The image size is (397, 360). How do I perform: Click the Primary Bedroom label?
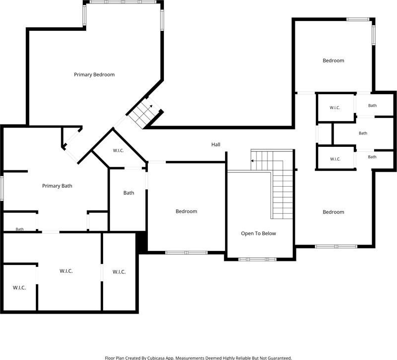[94, 75]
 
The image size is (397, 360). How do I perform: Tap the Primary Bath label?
[57, 186]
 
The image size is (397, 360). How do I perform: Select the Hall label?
[216, 144]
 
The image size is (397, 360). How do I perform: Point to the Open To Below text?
[258, 234]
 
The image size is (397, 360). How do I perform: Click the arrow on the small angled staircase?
[151, 107]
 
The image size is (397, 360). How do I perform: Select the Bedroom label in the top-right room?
[333, 61]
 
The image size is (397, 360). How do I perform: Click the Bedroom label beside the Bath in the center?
[186, 212]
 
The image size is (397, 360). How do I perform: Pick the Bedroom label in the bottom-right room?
[333, 212]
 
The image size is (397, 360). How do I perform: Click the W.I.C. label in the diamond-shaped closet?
[118, 151]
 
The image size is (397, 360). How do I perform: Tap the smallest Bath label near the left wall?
[19, 229]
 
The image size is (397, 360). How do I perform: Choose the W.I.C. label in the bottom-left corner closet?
[19, 288]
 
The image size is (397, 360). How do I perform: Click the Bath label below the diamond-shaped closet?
[129, 193]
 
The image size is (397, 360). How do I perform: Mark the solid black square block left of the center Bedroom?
[141, 241]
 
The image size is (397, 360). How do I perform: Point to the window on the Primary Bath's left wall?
[1, 188]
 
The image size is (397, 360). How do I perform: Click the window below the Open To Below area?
[258, 259]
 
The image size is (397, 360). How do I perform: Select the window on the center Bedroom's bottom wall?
[186, 252]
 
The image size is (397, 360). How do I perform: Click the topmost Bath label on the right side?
[372, 106]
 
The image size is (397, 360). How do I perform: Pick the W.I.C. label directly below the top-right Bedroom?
[335, 108]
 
